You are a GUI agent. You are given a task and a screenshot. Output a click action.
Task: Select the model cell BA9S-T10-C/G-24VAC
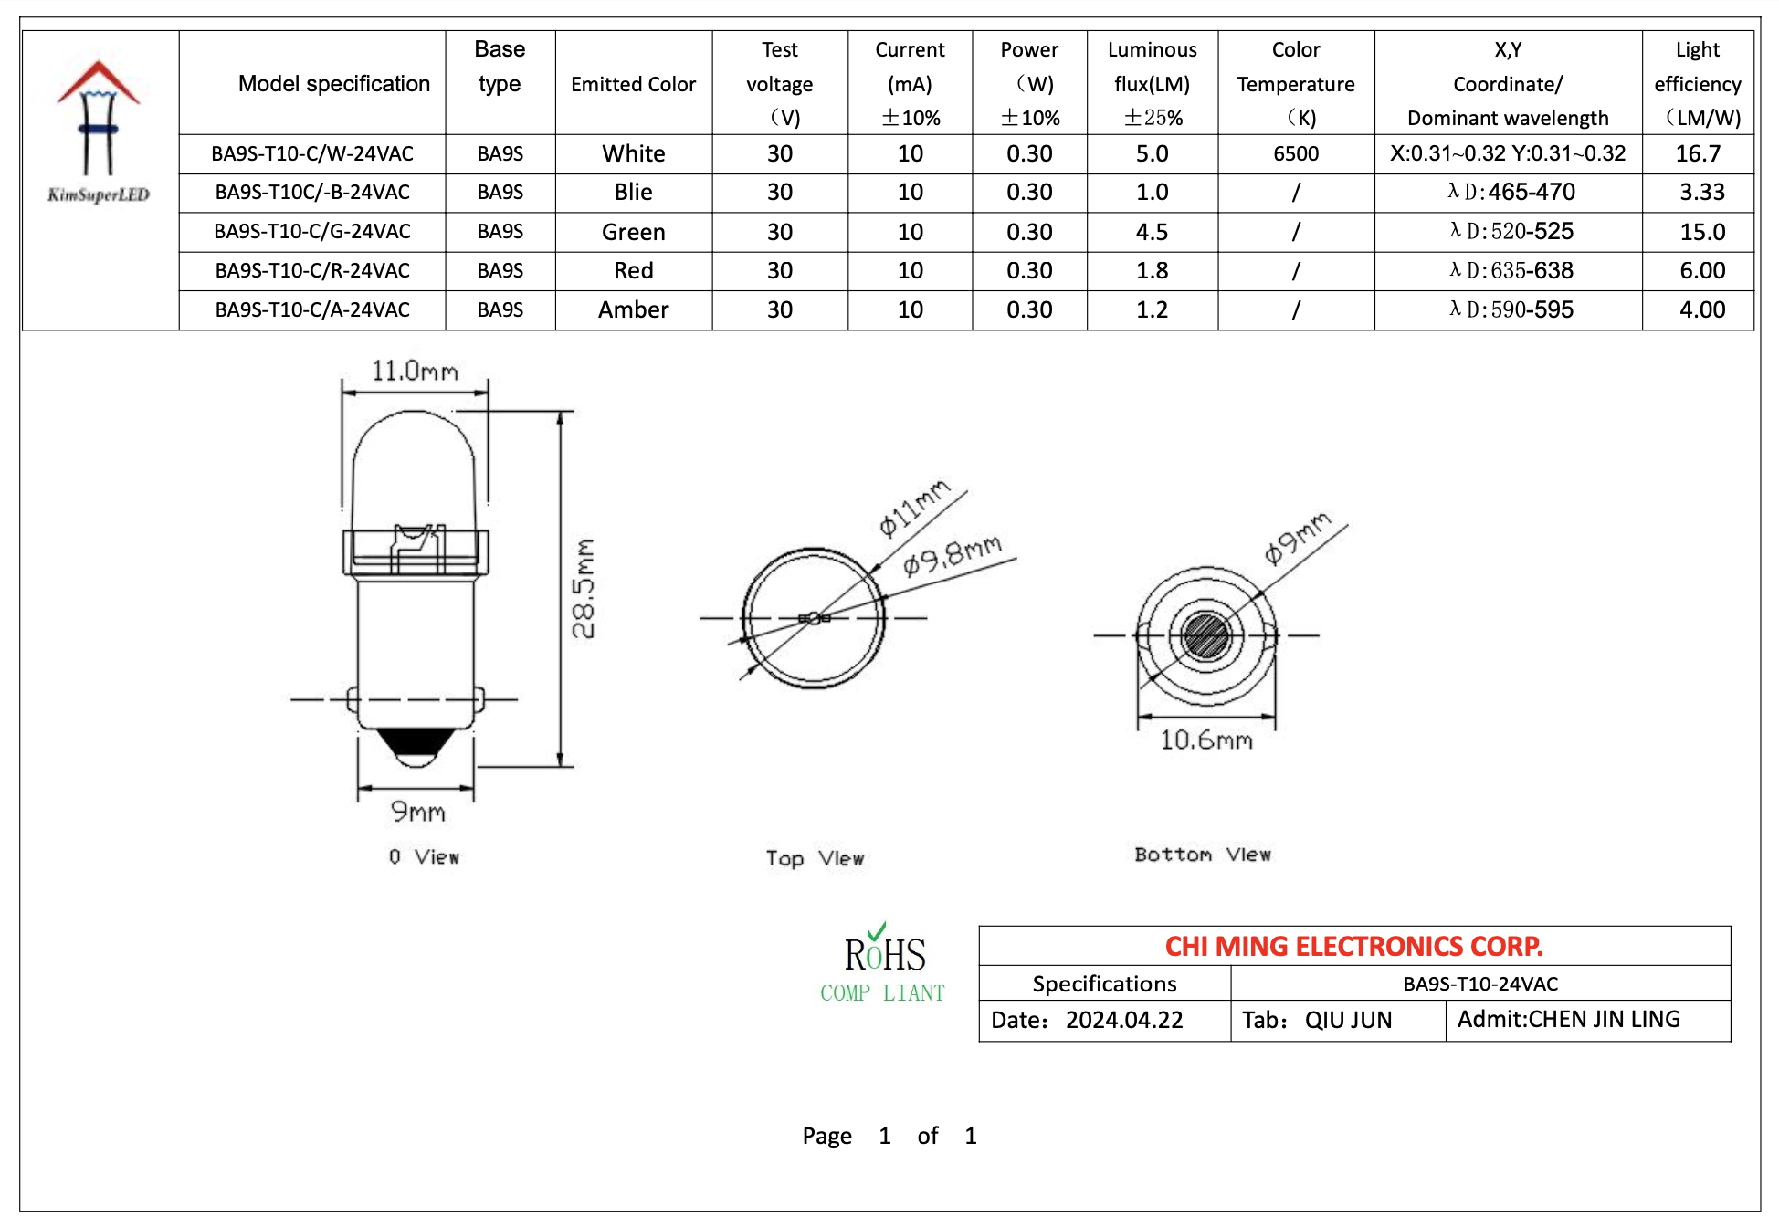tap(312, 232)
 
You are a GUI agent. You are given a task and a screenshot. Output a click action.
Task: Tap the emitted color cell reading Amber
tap(633, 310)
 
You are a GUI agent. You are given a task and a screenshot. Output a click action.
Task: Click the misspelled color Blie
tap(633, 193)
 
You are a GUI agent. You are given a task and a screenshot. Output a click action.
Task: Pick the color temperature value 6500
tap(1295, 153)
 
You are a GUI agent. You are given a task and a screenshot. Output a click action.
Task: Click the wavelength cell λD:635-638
tap(1511, 271)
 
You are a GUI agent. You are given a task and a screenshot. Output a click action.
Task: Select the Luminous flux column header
tap(1152, 83)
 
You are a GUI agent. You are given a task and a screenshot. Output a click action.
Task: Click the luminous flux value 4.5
tap(1152, 232)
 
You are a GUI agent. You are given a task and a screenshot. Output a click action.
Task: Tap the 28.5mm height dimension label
tap(584, 589)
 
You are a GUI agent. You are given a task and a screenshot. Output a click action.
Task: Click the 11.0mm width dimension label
tap(415, 372)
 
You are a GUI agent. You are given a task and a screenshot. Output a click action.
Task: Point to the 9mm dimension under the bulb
tap(417, 812)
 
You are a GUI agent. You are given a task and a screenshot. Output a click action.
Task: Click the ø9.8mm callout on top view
tap(952, 555)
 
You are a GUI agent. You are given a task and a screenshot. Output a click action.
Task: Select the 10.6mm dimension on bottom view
tap(1205, 739)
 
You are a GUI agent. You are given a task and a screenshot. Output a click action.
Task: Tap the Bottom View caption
tap(1202, 855)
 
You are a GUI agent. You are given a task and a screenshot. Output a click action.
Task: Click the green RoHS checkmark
tap(877, 931)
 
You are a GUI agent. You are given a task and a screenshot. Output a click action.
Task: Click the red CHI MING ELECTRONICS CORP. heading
tap(1353, 947)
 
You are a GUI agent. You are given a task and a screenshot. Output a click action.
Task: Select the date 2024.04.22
tap(1123, 1020)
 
